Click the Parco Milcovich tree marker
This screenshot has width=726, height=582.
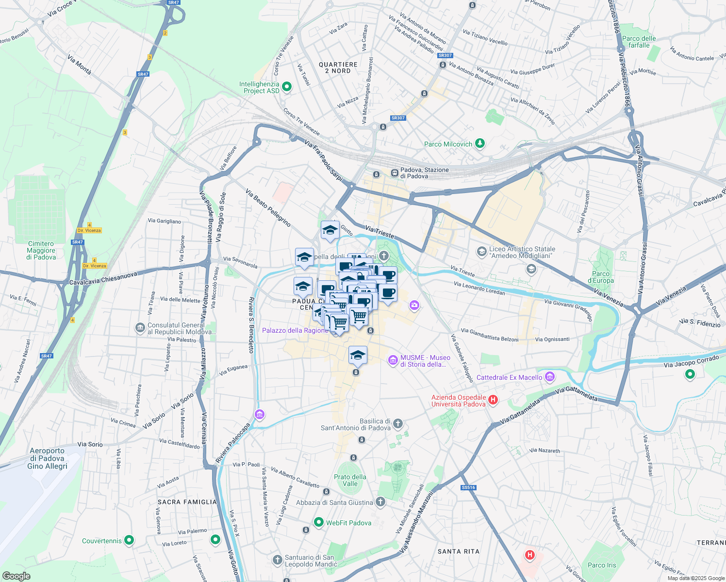coord(480,143)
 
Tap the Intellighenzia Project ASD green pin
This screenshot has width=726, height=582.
coord(287,87)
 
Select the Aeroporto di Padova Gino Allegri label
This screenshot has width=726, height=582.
coord(48,458)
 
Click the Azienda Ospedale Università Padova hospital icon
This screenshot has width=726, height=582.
coord(493,400)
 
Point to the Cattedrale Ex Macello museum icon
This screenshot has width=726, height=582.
coord(550,377)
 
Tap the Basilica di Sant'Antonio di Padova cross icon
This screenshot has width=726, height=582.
coord(398,424)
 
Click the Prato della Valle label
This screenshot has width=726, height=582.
coord(350,480)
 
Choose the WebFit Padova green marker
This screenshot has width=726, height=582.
coord(319,522)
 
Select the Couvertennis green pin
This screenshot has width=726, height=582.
coord(129,540)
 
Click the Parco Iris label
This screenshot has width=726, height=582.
coord(602,565)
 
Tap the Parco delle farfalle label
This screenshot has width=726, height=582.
coord(639,42)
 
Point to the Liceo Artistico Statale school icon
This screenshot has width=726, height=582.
coord(481,251)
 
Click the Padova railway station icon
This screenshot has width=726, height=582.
coord(395,173)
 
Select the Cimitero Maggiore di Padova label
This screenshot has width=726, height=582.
coord(41,250)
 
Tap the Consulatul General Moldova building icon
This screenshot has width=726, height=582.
coord(140,328)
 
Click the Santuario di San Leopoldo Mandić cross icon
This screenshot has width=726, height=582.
coord(277,560)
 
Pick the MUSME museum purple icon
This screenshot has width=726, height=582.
coord(393,360)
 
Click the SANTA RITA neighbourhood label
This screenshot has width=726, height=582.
coord(458,551)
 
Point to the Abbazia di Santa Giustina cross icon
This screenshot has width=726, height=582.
coord(380,502)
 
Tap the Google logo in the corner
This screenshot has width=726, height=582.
coord(16,576)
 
